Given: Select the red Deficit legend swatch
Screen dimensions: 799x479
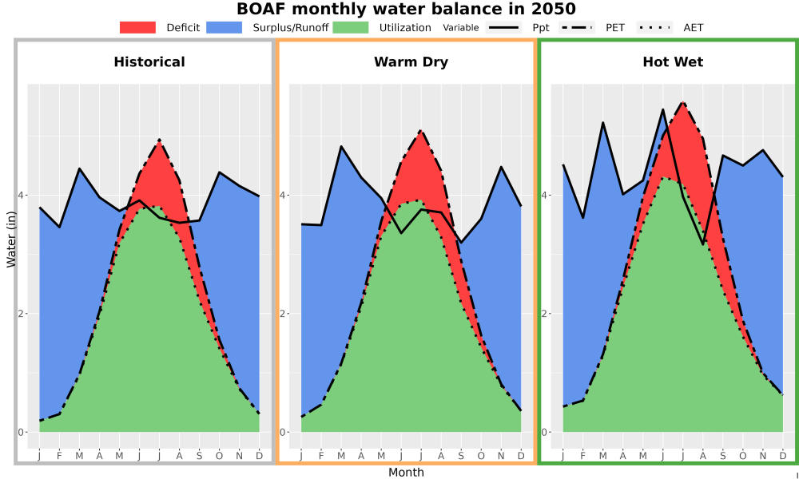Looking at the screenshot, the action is click(137, 27).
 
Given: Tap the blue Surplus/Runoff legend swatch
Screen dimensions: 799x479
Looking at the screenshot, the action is click(225, 27).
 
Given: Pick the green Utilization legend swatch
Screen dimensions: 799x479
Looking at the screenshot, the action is click(351, 27).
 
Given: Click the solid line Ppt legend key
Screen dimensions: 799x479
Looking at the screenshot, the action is click(503, 27).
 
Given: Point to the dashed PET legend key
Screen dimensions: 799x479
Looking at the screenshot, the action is click(577, 27).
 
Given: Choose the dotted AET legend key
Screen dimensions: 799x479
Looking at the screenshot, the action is click(655, 27).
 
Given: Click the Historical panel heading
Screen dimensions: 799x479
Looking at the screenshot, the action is click(149, 62).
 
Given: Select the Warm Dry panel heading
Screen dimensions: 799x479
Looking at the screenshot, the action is click(411, 62).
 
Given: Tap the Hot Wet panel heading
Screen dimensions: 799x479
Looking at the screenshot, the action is click(673, 62).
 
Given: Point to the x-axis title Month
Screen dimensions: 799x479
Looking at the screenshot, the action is click(406, 473).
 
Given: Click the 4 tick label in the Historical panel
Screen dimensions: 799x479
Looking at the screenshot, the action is click(22, 195).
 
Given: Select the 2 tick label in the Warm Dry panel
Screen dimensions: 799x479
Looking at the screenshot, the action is click(284, 314).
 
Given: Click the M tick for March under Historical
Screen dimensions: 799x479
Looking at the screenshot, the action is click(79, 456).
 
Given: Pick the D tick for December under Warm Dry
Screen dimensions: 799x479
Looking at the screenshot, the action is click(521, 456).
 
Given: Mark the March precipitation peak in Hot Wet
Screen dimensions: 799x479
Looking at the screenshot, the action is click(602, 123).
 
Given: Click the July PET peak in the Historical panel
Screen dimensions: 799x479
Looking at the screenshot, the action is click(159, 140).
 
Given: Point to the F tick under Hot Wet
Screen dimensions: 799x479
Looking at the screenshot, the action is click(583, 456).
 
